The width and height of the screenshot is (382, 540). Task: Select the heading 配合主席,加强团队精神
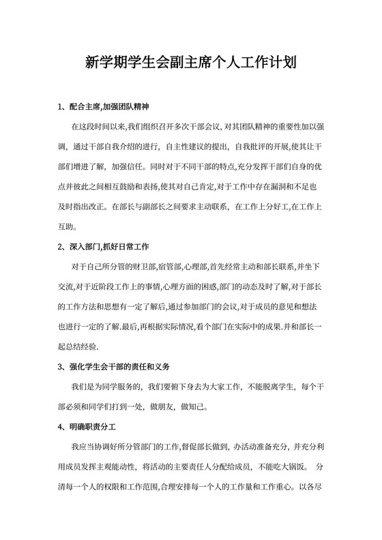[109, 108]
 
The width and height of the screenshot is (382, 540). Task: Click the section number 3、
[62, 366]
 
